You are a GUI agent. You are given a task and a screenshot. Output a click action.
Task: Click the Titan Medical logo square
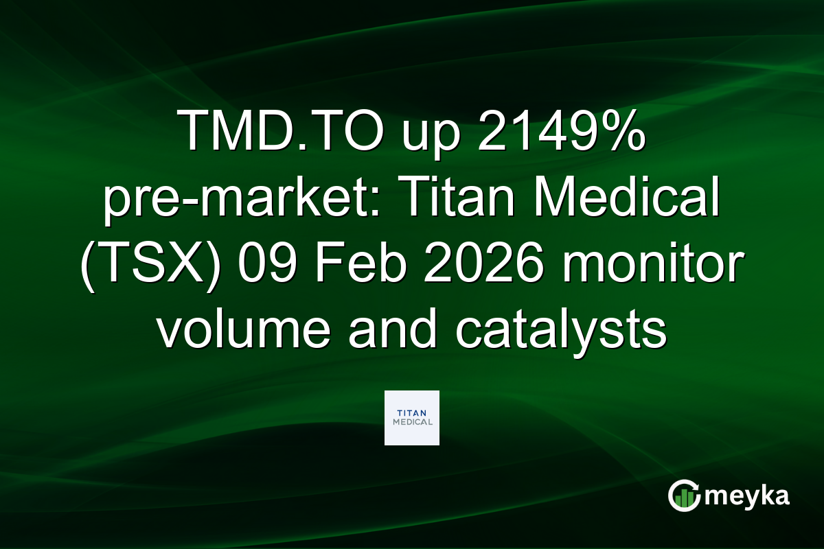click(412, 418)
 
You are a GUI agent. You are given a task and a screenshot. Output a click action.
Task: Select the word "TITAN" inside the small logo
click(412, 412)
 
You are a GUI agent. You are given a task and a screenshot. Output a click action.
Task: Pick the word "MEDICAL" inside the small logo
click(412, 423)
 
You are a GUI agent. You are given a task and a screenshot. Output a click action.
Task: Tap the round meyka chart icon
click(684, 496)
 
